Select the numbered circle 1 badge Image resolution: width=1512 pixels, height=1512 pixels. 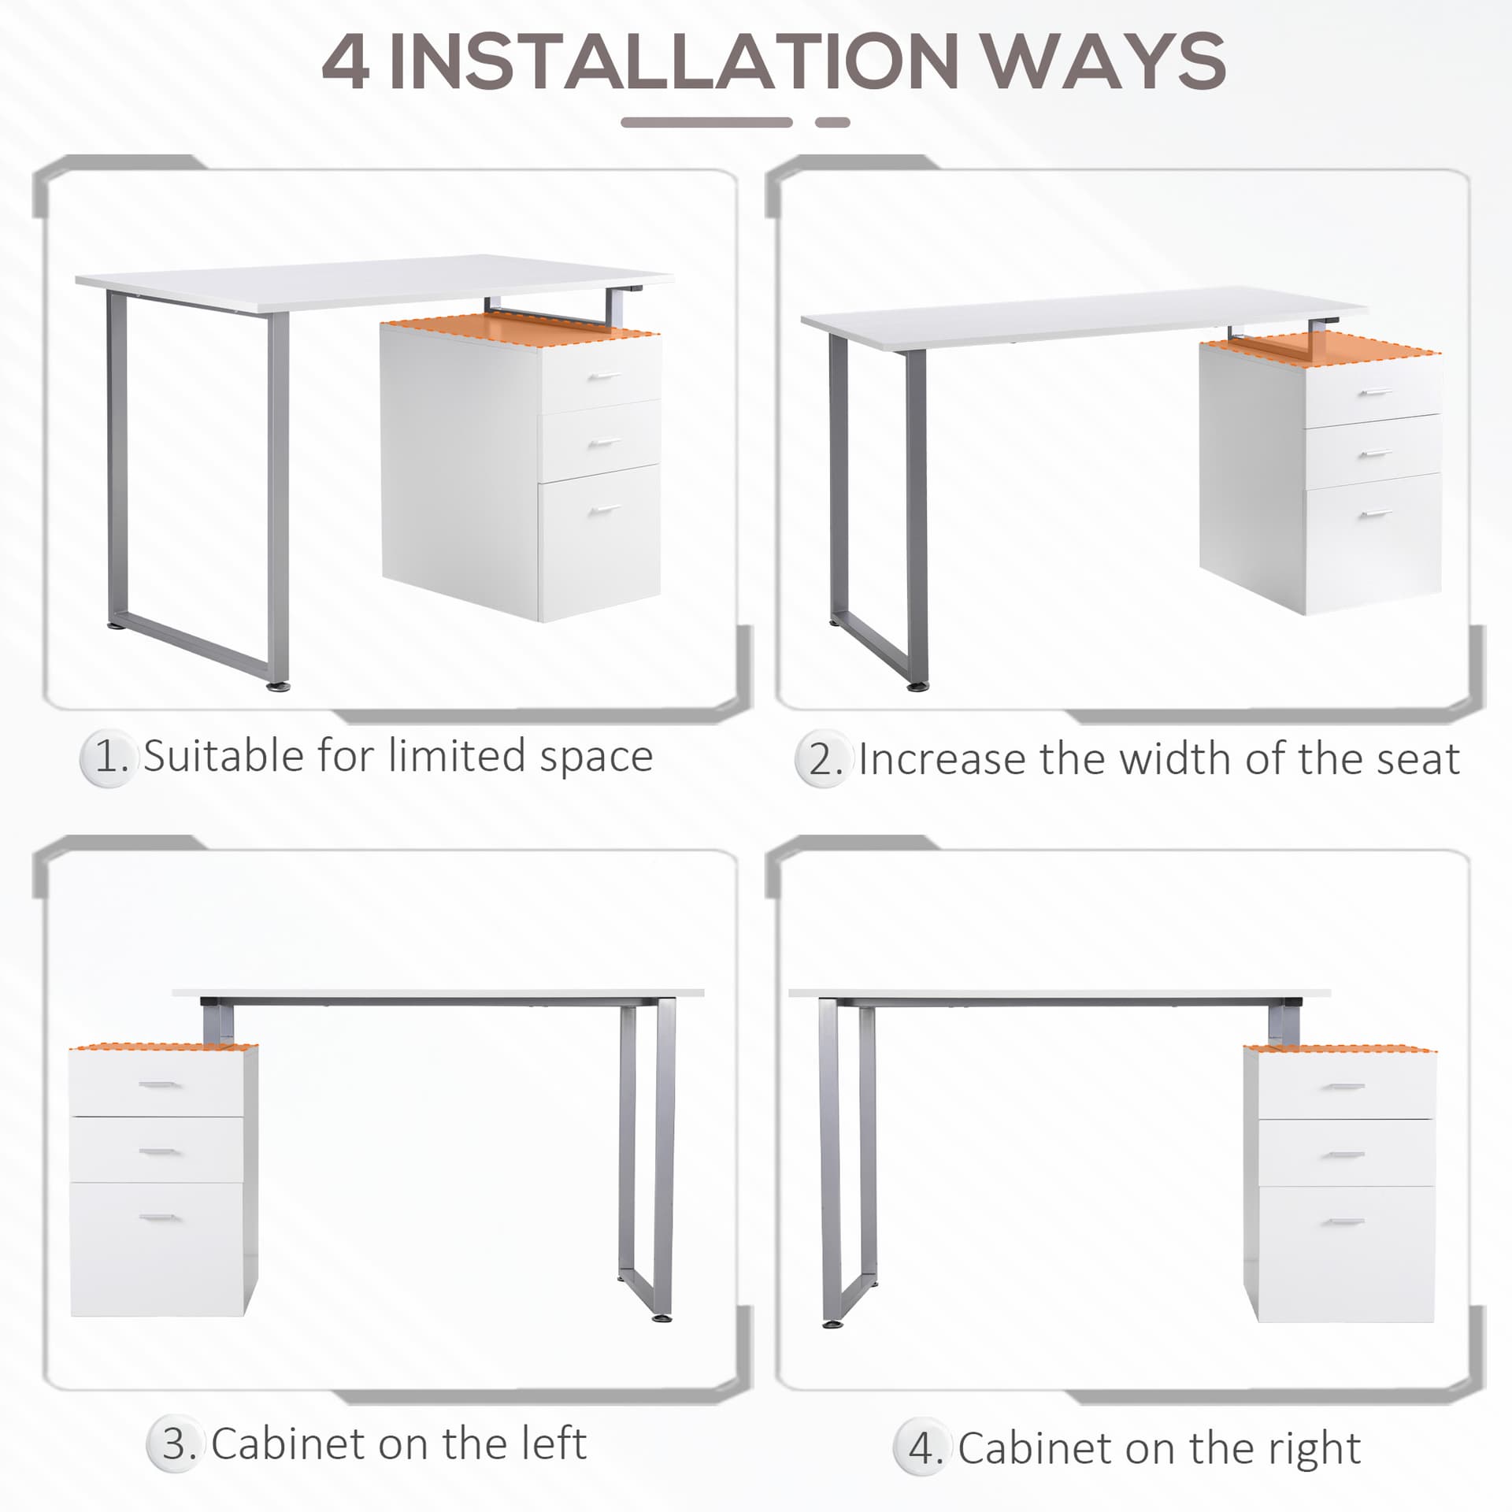pos(109,758)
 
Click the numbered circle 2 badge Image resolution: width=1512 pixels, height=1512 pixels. pos(824,760)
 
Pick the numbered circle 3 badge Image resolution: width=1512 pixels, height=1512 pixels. pos(176,1444)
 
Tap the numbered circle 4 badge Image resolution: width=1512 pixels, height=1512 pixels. pos(923,1447)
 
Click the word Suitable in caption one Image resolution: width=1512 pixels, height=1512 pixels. pos(224,757)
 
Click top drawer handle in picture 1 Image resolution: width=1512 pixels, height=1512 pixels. pos(604,377)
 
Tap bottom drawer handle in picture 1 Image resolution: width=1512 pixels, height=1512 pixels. pos(604,510)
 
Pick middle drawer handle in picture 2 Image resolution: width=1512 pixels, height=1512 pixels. pos(1375,454)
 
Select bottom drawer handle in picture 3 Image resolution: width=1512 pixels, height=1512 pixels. pos(158,1217)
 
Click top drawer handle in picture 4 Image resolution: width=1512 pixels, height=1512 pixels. pos(1343,1088)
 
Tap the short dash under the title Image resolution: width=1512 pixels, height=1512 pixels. pos(832,123)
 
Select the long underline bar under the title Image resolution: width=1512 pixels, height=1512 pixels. pos(706,123)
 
